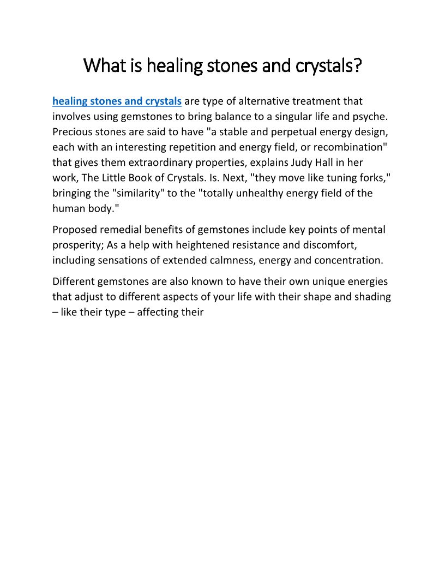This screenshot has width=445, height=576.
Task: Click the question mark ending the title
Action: tap(357, 66)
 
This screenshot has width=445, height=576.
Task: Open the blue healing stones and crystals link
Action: tap(117, 101)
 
